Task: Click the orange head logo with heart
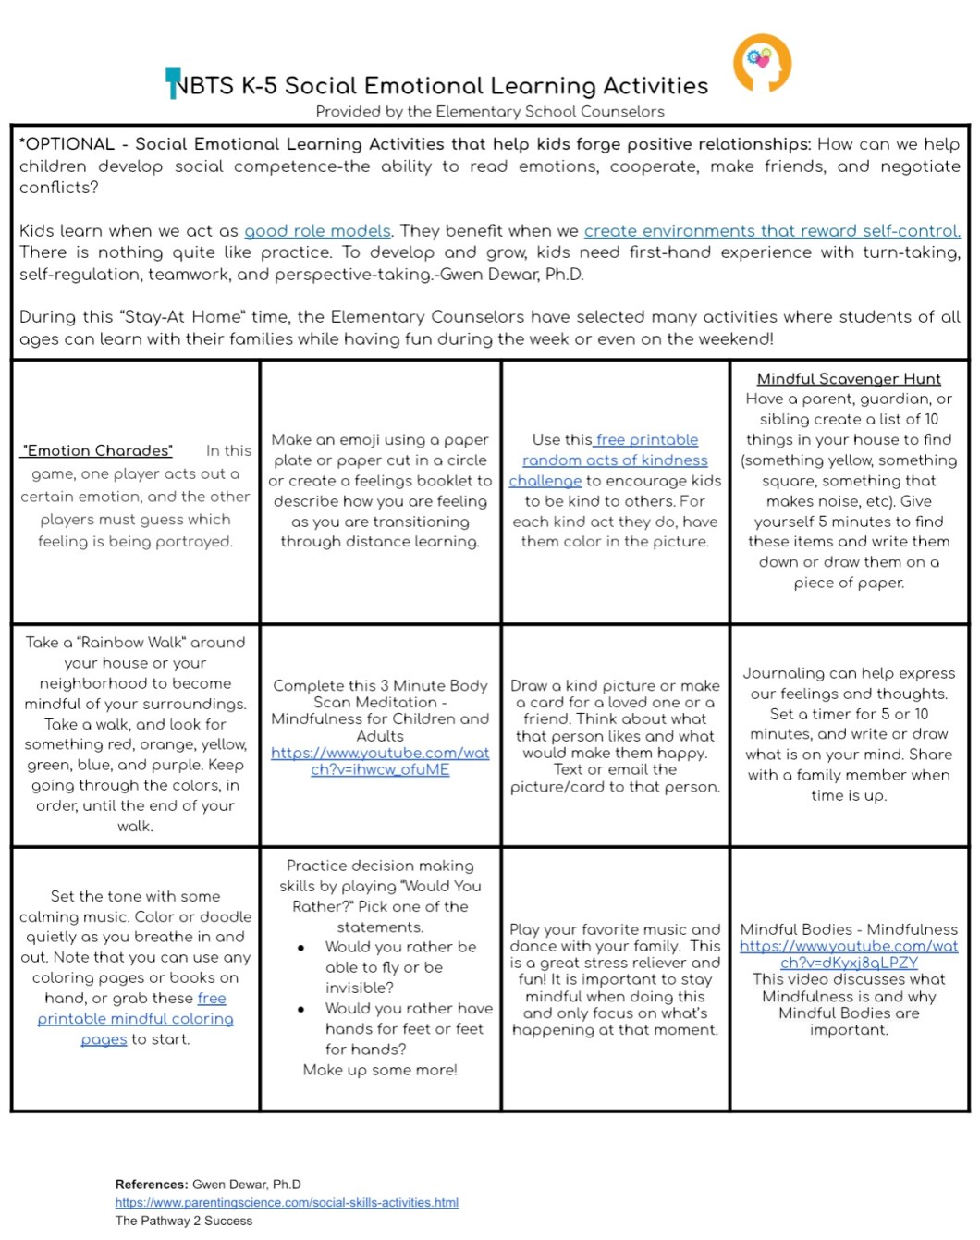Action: [x=762, y=63]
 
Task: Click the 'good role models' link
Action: [x=317, y=231]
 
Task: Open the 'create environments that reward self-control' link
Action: [x=771, y=231]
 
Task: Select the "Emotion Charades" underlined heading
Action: [x=97, y=451]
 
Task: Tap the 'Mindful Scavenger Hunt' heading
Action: [x=849, y=379]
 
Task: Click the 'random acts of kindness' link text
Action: [x=615, y=460]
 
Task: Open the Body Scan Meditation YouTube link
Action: [x=380, y=761]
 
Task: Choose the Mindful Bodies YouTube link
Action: [x=849, y=954]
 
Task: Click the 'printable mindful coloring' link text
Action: [x=135, y=1019]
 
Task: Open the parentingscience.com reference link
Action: [x=287, y=1203]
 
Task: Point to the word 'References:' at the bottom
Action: [x=152, y=1185]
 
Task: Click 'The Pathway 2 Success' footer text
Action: [x=184, y=1221]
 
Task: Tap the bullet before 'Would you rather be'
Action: [x=301, y=948]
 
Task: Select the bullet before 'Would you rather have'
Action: [x=301, y=1009]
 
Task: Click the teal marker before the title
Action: [x=172, y=81]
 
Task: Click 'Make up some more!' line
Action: [x=380, y=1070]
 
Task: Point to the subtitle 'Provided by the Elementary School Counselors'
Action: [x=490, y=112]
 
